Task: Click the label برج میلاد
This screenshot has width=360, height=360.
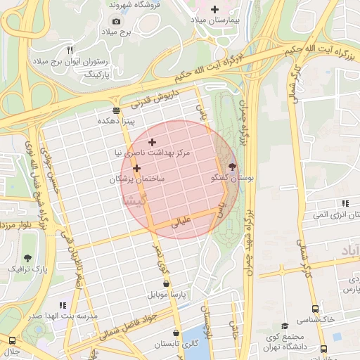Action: click(117, 32)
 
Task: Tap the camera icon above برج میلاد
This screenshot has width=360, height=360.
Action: click(117, 22)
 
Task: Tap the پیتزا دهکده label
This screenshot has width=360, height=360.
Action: click(116, 121)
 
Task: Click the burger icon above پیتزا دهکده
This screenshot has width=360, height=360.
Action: click(116, 110)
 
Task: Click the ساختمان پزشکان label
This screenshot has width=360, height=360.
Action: click(136, 179)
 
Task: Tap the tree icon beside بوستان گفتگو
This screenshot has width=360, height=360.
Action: click(233, 169)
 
